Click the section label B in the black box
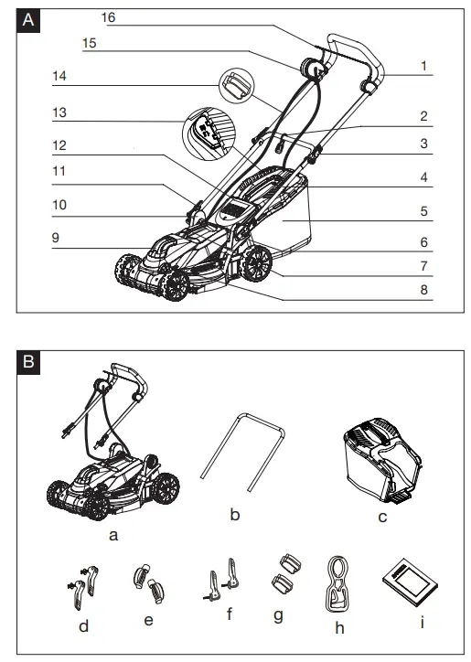coord(31,361)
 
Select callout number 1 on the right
coord(424,66)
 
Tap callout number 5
coord(424,210)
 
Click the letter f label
coord(230,614)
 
